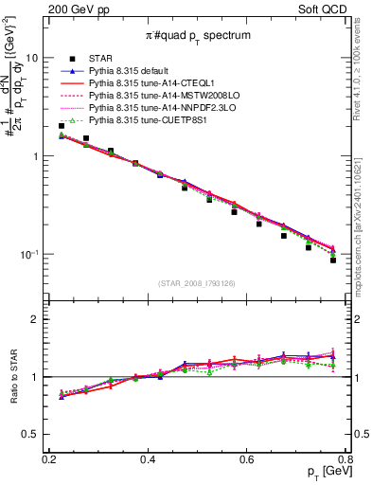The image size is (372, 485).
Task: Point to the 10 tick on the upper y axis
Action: coord(33,57)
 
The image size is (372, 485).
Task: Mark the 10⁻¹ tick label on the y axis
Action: coord(31,255)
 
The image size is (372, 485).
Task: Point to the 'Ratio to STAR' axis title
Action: coord(12,377)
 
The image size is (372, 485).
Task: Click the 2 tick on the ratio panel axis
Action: coord(37,319)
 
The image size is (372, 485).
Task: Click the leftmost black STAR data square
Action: coord(62,125)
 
